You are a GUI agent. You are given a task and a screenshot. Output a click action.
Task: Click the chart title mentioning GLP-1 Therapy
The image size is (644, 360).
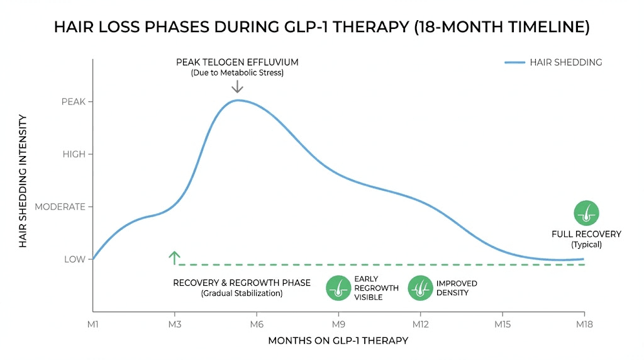click(x=321, y=27)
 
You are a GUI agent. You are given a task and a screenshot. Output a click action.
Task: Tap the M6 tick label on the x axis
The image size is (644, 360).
click(x=256, y=324)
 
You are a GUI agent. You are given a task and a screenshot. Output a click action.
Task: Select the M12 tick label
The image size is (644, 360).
click(x=420, y=324)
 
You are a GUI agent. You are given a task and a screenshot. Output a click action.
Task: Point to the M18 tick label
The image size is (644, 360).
click(x=584, y=324)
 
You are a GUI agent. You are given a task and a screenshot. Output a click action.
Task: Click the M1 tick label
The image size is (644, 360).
click(x=92, y=324)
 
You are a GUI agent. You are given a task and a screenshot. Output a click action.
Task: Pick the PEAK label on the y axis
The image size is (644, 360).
click(x=73, y=102)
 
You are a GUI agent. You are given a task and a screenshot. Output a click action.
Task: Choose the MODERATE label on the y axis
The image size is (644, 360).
click(x=60, y=206)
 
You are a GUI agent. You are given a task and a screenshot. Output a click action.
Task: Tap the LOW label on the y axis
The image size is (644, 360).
click(x=74, y=259)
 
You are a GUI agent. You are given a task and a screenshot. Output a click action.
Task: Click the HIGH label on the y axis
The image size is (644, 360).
click(x=74, y=154)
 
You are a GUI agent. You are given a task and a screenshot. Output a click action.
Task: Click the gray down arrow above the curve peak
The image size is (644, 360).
click(x=237, y=87)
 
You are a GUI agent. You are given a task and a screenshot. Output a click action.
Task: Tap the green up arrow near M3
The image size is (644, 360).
click(x=175, y=257)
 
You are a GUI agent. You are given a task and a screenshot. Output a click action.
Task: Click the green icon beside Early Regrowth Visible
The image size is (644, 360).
click(x=338, y=288)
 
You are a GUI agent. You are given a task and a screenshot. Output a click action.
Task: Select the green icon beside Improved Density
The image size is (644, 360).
click(x=420, y=288)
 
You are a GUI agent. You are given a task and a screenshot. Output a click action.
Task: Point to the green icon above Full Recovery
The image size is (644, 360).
click(x=587, y=213)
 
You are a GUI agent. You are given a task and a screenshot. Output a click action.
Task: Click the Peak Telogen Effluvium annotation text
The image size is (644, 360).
click(x=237, y=62)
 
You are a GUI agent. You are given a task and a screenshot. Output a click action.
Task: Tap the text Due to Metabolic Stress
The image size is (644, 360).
click(x=237, y=73)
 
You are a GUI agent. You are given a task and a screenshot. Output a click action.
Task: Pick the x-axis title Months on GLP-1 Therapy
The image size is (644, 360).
click(x=338, y=340)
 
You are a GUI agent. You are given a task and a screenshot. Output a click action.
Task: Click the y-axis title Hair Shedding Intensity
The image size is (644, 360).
click(x=23, y=181)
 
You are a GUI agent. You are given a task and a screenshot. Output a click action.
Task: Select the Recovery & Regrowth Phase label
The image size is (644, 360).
click(x=241, y=283)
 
